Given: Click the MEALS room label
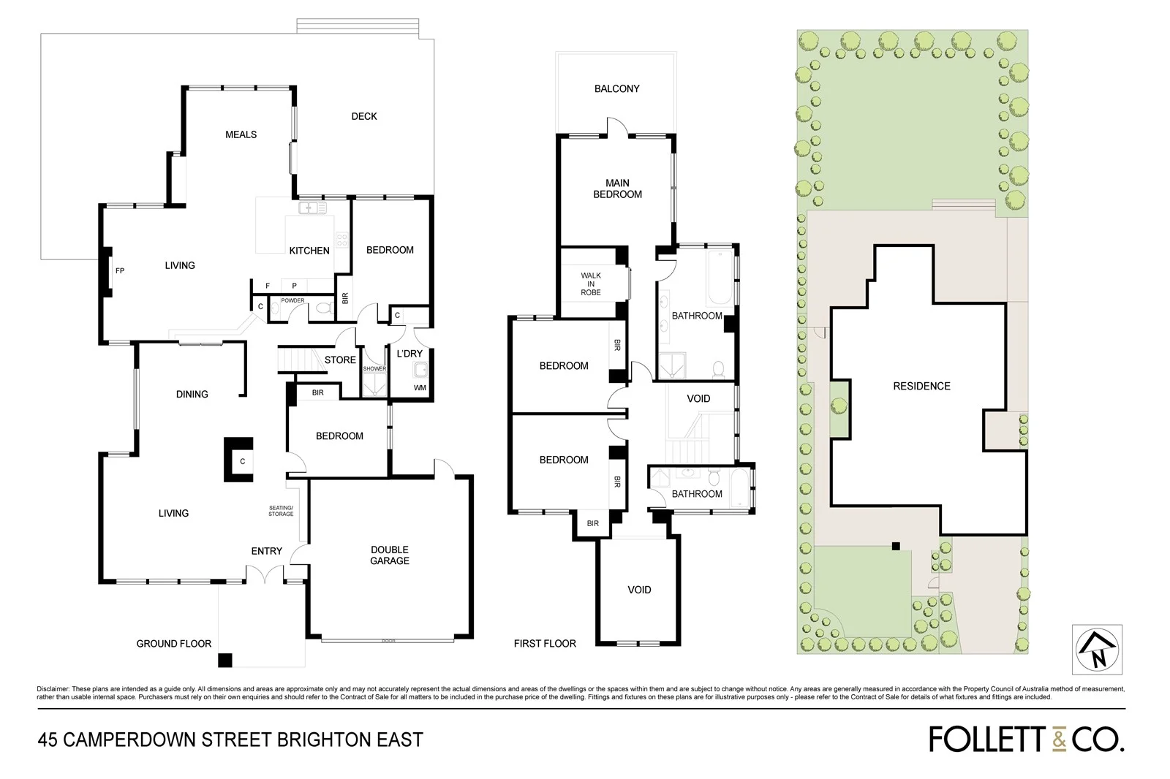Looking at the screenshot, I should [x=241, y=134].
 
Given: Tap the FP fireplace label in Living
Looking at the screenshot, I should [x=120, y=271].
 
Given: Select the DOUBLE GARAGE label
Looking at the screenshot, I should [x=390, y=555].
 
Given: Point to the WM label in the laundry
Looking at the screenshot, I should [x=420, y=388].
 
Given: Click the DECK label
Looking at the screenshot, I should [x=364, y=116].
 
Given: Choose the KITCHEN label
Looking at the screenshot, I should [x=309, y=251].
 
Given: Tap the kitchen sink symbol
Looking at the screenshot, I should [x=312, y=208].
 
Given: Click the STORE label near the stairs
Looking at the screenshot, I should [x=340, y=360].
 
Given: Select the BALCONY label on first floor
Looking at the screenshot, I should [x=616, y=88].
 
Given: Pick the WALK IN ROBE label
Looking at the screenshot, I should [x=591, y=284].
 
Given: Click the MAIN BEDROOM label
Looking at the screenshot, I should [x=617, y=189].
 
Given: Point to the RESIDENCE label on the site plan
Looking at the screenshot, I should [x=921, y=386].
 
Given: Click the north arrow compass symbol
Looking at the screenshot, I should [x=1096, y=650].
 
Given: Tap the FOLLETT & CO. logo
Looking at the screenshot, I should [x=1027, y=739].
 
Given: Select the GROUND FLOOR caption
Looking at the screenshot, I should [x=174, y=644].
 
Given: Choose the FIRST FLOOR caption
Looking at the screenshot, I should [x=545, y=644].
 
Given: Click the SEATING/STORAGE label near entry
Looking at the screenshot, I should [x=281, y=511].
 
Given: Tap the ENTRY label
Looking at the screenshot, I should [x=266, y=551].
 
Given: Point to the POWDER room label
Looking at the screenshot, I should [x=292, y=300].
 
